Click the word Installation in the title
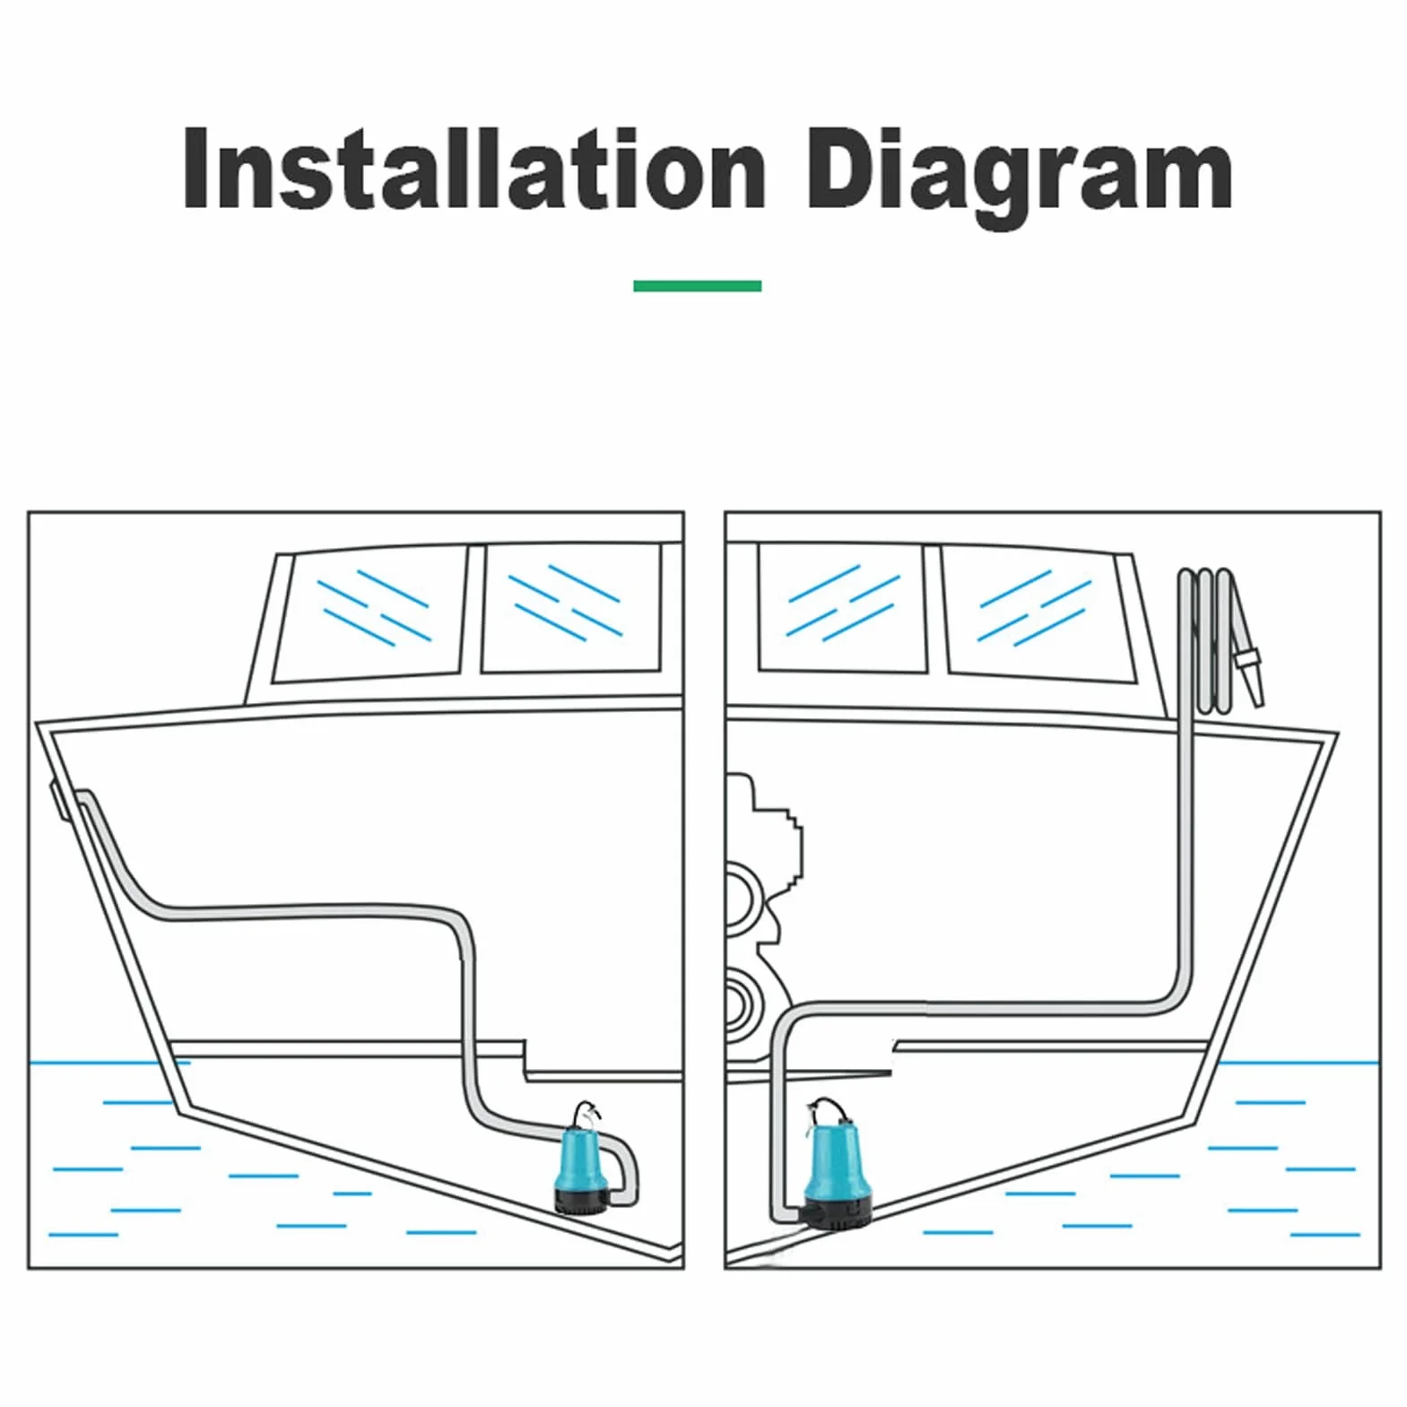pyautogui.click(x=473, y=169)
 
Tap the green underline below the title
pyautogui.click(x=697, y=286)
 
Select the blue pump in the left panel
pyautogui.click(x=582, y=1161)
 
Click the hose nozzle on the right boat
pyautogui.click(x=1249, y=676)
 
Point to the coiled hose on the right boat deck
pyautogui.click(x=1210, y=640)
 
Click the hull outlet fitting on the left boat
pyautogui.click(x=58, y=800)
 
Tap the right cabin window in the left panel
pyautogui.click(x=572, y=607)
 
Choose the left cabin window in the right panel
pyautogui.click(x=842, y=607)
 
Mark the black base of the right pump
pyautogui.click(x=838, y=1214)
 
